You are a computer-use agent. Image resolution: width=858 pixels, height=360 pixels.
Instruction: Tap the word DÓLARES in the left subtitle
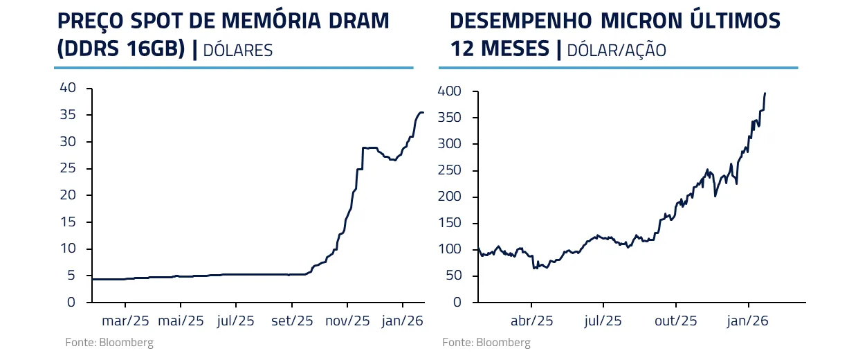tap(237, 50)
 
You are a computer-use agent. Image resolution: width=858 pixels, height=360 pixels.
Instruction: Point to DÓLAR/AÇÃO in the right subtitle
tap(616, 50)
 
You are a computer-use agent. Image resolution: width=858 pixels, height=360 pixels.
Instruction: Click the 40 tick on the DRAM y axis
tap(67, 88)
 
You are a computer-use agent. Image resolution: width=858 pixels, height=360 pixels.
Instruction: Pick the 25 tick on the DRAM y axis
tap(67, 168)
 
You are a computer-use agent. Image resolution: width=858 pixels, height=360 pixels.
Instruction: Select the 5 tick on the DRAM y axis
tap(71, 276)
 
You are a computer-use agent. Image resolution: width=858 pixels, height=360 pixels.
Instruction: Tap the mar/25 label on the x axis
tap(125, 321)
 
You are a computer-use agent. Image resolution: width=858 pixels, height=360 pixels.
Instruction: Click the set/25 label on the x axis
tap(292, 321)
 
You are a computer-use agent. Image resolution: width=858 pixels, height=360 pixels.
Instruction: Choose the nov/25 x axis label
tap(347, 321)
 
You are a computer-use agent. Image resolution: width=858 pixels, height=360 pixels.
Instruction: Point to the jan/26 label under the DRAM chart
tap(403, 321)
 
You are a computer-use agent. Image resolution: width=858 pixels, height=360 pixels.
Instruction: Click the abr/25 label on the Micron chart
tap(531, 321)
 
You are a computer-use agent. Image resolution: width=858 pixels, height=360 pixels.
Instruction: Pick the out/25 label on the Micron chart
tap(675, 321)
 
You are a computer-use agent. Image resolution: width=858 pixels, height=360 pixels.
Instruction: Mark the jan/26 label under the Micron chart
tap(748, 321)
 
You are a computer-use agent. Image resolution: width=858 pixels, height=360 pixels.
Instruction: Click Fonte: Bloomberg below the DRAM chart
tap(109, 343)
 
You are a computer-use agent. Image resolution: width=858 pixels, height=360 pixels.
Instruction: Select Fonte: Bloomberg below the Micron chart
tap(486, 343)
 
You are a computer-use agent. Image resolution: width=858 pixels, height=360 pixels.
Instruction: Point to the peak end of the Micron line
tap(765, 93)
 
